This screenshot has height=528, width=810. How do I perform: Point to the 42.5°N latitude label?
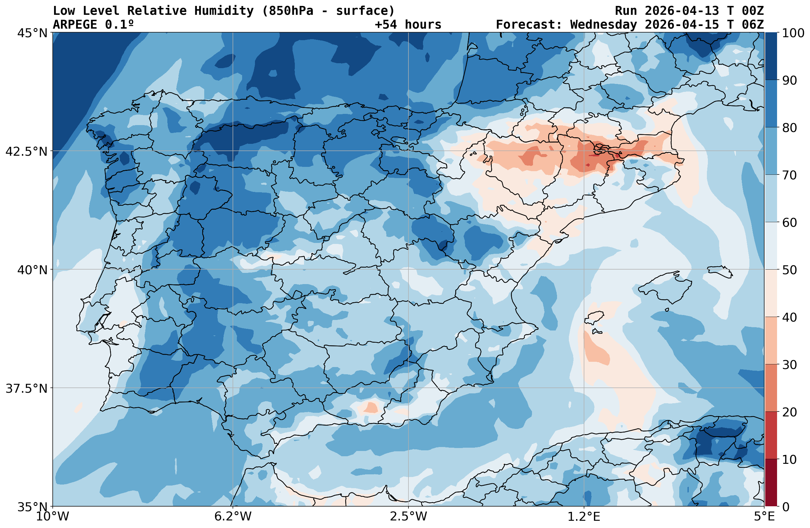pos(27,151)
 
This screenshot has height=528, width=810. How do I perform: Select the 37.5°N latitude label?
pos(27,388)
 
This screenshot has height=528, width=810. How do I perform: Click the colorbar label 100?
pos(793,33)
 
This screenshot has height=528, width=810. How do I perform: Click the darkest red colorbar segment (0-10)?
pos(771,483)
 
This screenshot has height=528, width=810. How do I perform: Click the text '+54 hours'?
pos(408,24)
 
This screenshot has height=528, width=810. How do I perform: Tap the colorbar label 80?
pos(789,128)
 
